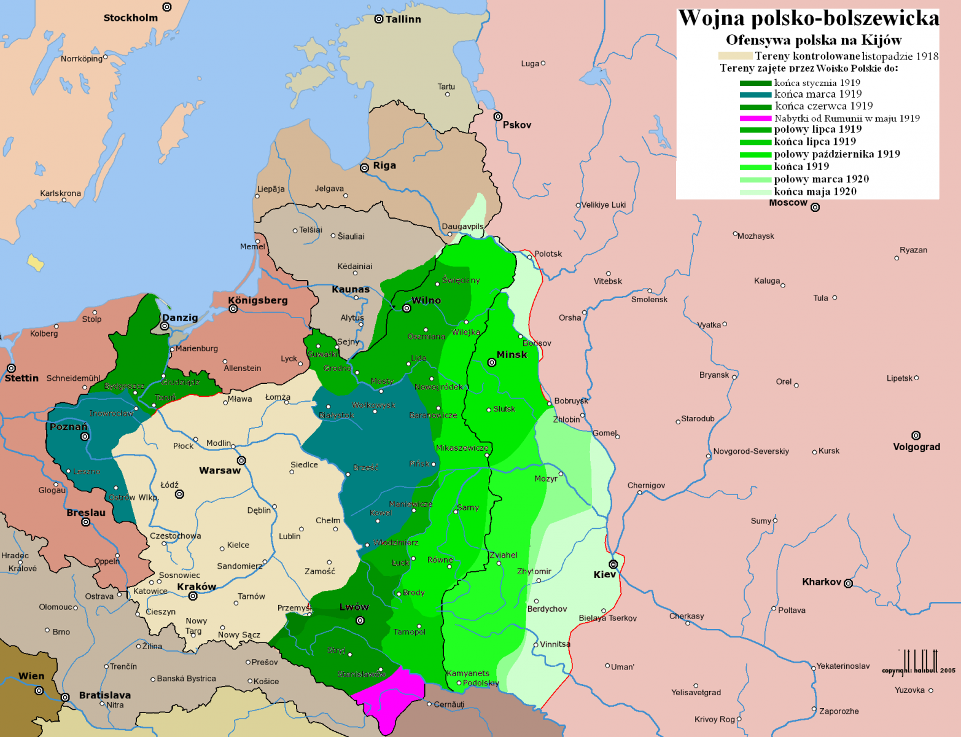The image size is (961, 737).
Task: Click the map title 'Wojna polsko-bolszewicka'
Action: (x=808, y=18)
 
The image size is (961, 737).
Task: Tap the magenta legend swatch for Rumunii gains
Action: (x=755, y=119)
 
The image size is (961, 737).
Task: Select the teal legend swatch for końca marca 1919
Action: (x=755, y=95)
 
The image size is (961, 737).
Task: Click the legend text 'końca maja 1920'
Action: (x=815, y=192)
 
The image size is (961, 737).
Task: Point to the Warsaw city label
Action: (x=219, y=470)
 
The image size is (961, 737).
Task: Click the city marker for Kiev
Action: (x=613, y=564)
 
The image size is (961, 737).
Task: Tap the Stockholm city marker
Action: (x=166, y=7)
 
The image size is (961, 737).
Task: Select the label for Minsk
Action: (x=512, y=354)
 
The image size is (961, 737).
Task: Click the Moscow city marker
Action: (x=815, y=208)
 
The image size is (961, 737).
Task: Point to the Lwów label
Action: (x=354, y=607)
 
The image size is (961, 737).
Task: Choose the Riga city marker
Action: (x=364, y=168)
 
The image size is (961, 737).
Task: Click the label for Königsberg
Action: (x=258, y=300)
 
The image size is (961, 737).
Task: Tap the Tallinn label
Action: (x=403, y=19)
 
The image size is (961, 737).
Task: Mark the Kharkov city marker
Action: (x=848, y=583)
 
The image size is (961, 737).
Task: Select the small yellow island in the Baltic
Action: (x=36, y=262)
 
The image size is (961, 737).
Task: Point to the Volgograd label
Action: (x=916, y=446)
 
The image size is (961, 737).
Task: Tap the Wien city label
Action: (x=31, y=676)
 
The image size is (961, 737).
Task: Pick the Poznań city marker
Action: (x=85, y=437)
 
